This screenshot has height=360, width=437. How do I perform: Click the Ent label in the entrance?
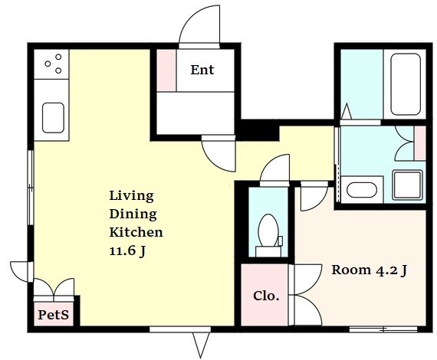[x=202, y=70]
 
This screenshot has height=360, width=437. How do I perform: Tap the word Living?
[x=132, y=196]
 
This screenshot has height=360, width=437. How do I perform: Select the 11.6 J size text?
[x=127, y=251]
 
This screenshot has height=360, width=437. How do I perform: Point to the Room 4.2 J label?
[x=370, y=270]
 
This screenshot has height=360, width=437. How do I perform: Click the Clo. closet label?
[x=266, y=296]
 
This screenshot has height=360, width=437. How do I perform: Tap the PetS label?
[x=53, y=315]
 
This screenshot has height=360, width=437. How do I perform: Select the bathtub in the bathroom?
[x=406, y=84]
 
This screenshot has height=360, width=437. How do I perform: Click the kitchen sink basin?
[x=53, y=118]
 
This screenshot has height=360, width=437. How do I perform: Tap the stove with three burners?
[x=51, y=64]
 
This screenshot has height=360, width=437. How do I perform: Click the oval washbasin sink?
[x=362, y=190]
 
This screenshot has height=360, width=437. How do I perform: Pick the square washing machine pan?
[x=407, y=185]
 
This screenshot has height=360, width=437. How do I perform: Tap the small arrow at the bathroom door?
[x=347, y=112]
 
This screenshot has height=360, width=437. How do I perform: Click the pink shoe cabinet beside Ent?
[x=166, y=70]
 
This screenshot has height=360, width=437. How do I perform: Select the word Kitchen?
[x=136, y=232]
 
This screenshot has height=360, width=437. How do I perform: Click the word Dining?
[x=133, y=214]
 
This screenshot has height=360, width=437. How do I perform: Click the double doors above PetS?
[x=54, y=290]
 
